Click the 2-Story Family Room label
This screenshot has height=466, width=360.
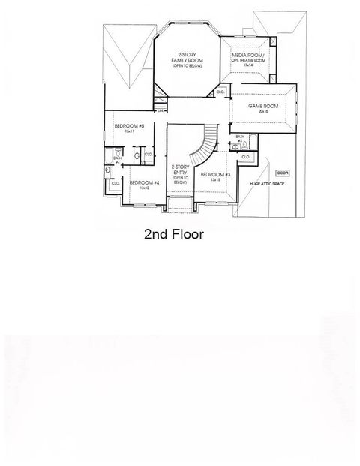point(183,59)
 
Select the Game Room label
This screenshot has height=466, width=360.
point(264,107)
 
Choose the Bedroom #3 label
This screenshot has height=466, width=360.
point(214,175)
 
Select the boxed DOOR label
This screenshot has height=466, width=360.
point(282,173)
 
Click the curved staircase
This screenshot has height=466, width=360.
point(202,146)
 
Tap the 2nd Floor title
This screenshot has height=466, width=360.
point(174,233)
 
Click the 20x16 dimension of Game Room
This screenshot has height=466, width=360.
point(265,113)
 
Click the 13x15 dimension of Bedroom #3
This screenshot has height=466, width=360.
point(214,180)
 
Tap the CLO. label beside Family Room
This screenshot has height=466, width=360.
point(220,92)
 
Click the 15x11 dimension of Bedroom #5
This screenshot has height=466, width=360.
point(130,132)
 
